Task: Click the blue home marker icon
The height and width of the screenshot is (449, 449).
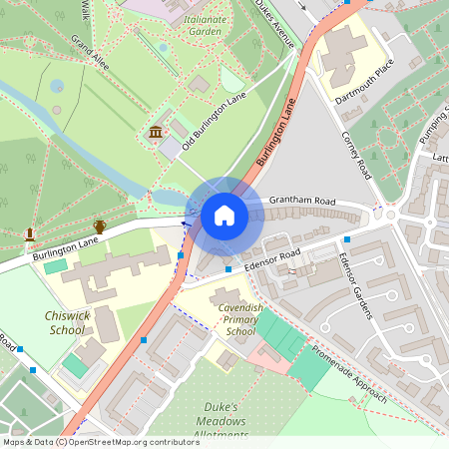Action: point(224,216)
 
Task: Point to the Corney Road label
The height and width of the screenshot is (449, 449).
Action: point(357,155)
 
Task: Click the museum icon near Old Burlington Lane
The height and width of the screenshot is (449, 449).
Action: point(156,133)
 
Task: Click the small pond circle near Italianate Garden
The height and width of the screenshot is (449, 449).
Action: point(163,47)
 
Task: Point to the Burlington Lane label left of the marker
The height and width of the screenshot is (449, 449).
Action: point(65,248)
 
